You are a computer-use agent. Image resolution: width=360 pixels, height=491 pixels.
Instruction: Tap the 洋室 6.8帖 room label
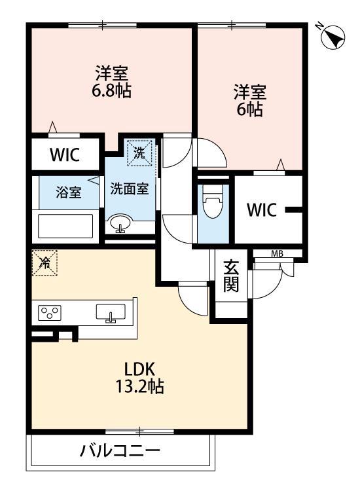111,82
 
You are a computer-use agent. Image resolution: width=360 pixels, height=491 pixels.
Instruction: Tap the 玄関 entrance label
231,276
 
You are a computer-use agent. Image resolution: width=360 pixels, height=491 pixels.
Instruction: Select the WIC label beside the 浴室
64,155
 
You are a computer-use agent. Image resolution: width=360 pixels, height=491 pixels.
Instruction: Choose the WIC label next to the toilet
261,210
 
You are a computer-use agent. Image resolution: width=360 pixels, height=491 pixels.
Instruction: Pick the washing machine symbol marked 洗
139,153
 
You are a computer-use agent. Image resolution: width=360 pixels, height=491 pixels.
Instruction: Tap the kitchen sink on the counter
111,313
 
